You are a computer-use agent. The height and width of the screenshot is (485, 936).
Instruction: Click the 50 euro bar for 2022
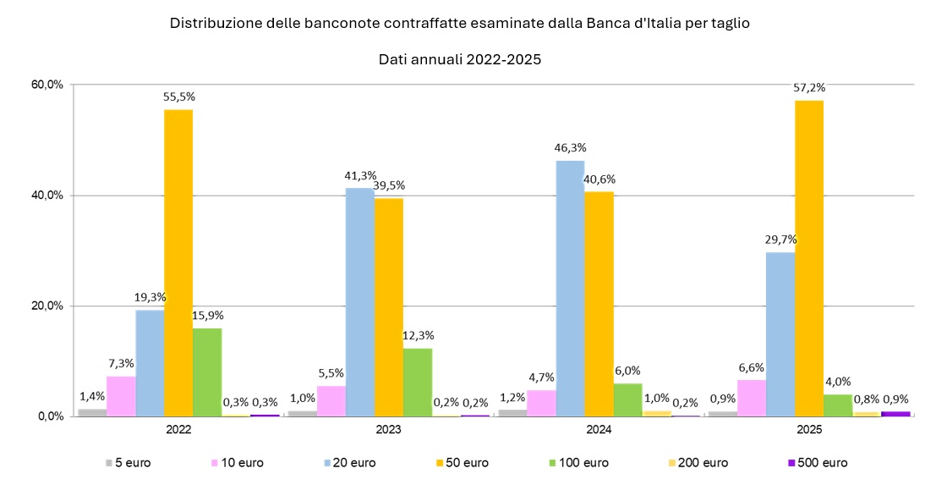(x=178, y=262)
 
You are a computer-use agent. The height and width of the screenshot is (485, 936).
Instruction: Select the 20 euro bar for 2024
(x=570, y=288)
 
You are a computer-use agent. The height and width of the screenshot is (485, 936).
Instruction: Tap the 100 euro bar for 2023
(x=418, y=382)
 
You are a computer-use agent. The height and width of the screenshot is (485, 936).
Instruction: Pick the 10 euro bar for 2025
(x=752, y=398)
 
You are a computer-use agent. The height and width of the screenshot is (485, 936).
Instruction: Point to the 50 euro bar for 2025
(x=809, y=258)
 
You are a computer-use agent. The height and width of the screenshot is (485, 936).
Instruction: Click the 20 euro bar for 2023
(x=360, y=301)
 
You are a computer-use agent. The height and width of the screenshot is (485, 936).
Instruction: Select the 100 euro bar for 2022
(x=207, y=372)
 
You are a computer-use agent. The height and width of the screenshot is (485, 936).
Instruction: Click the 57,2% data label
(x=809, y=87)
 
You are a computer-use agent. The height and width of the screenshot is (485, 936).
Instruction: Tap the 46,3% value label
(x=570, y=147)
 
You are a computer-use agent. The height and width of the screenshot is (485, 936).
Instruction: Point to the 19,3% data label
(x=150, y=297)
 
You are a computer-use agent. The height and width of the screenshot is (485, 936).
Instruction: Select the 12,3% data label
(x=418, y=335)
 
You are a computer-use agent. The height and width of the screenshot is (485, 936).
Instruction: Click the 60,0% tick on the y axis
(x=47, y=85)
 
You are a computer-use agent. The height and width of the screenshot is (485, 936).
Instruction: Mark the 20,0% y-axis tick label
(x=47, y=306)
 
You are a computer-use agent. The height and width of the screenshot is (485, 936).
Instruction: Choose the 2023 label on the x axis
(x=388, y=430)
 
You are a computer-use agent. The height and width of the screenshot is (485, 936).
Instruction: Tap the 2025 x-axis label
(x=809, y=430)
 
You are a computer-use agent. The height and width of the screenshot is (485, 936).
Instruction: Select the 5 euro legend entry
(x=129, y=463)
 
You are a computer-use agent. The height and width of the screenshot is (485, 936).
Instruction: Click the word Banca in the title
(x=605, y=24)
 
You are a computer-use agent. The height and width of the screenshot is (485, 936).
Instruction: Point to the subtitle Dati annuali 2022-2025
(x=459, y=60)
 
